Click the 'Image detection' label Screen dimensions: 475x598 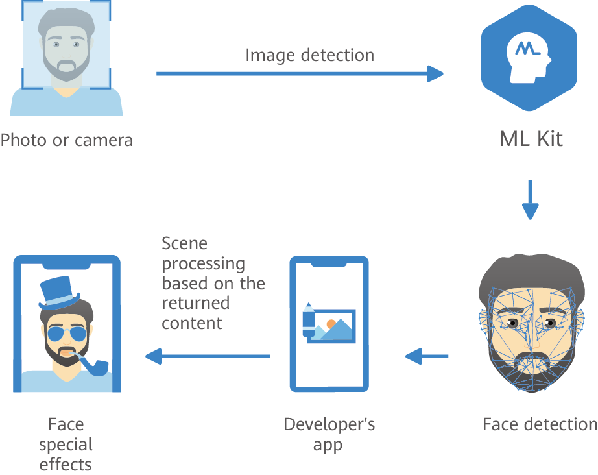[x=309, y=55]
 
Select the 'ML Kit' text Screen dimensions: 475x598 [x=531, y=139]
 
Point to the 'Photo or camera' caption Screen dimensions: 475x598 [x=66, y=140]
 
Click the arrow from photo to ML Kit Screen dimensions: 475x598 [x=299, y=74]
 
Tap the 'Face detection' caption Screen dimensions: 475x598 [x=540, y=424]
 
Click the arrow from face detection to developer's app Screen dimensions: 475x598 [x=427, y=356]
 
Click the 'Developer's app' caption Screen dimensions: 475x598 [x=329, y=435]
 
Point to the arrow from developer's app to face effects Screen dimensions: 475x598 [x=208, y=356]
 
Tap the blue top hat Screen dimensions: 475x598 [x=59, y=293]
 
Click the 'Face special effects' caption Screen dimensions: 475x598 [x=66, y=445]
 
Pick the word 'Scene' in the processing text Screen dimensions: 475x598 [x=185, y=244]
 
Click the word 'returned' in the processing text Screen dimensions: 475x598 [x=195, y=303]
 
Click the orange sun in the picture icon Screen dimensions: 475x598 [x=331, y=323]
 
